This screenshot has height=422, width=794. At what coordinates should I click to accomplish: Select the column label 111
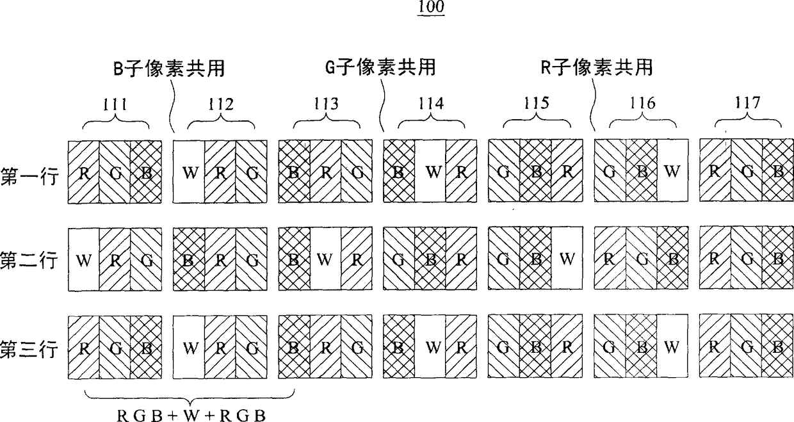tap(115, 104)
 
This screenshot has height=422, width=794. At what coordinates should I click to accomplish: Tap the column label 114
tap(430, 104)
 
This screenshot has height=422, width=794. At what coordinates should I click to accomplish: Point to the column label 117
tap(748, 104)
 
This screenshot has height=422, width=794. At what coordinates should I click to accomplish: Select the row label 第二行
tap(31, 261)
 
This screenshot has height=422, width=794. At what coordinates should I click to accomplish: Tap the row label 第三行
tap(31, 350)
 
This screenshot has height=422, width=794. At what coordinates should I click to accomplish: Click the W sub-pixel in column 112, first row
tap(190, 173)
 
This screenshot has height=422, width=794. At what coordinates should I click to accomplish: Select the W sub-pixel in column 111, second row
tap(83, 261)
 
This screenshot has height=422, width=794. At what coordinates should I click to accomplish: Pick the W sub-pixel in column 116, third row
tap(672, 349)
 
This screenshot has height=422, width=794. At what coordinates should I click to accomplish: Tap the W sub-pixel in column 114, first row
tap(430, 173)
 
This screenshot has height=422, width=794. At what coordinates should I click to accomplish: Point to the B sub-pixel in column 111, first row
tap(146, 173)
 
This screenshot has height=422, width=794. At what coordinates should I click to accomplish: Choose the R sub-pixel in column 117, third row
tap(715, 349)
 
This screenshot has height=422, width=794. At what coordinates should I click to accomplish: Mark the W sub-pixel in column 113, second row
tap(325, 261)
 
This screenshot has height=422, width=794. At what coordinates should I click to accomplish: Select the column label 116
tap(642, 104)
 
